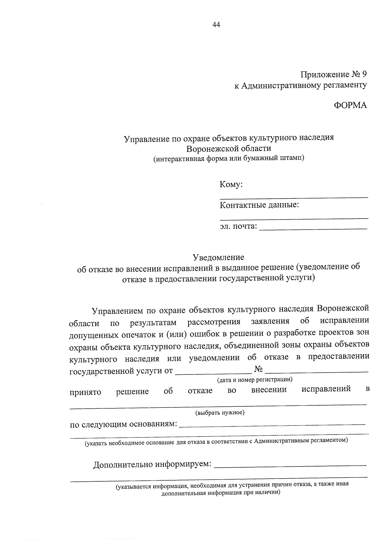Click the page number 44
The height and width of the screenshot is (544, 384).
coord(216,25)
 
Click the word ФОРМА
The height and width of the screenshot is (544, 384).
coord(350,105)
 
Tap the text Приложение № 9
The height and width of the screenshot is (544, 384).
coord(333,75)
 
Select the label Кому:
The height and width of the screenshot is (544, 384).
coord(231,185)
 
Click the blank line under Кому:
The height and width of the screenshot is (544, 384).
coord(294,197)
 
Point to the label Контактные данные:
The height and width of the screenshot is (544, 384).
coord(259,205)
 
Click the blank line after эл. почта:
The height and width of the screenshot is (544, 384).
coord(313,228)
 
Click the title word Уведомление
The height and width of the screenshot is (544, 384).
coord(218,257)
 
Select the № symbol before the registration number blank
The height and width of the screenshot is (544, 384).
coord(259,370)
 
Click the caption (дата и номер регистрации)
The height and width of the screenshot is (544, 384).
coord(255,380)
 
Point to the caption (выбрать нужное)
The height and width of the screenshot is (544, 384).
coord(220,413)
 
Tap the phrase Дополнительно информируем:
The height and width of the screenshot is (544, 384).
coord(152,464)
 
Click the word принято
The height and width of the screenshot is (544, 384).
coord(85,392)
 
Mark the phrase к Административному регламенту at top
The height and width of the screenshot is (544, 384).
coord(300,85)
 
